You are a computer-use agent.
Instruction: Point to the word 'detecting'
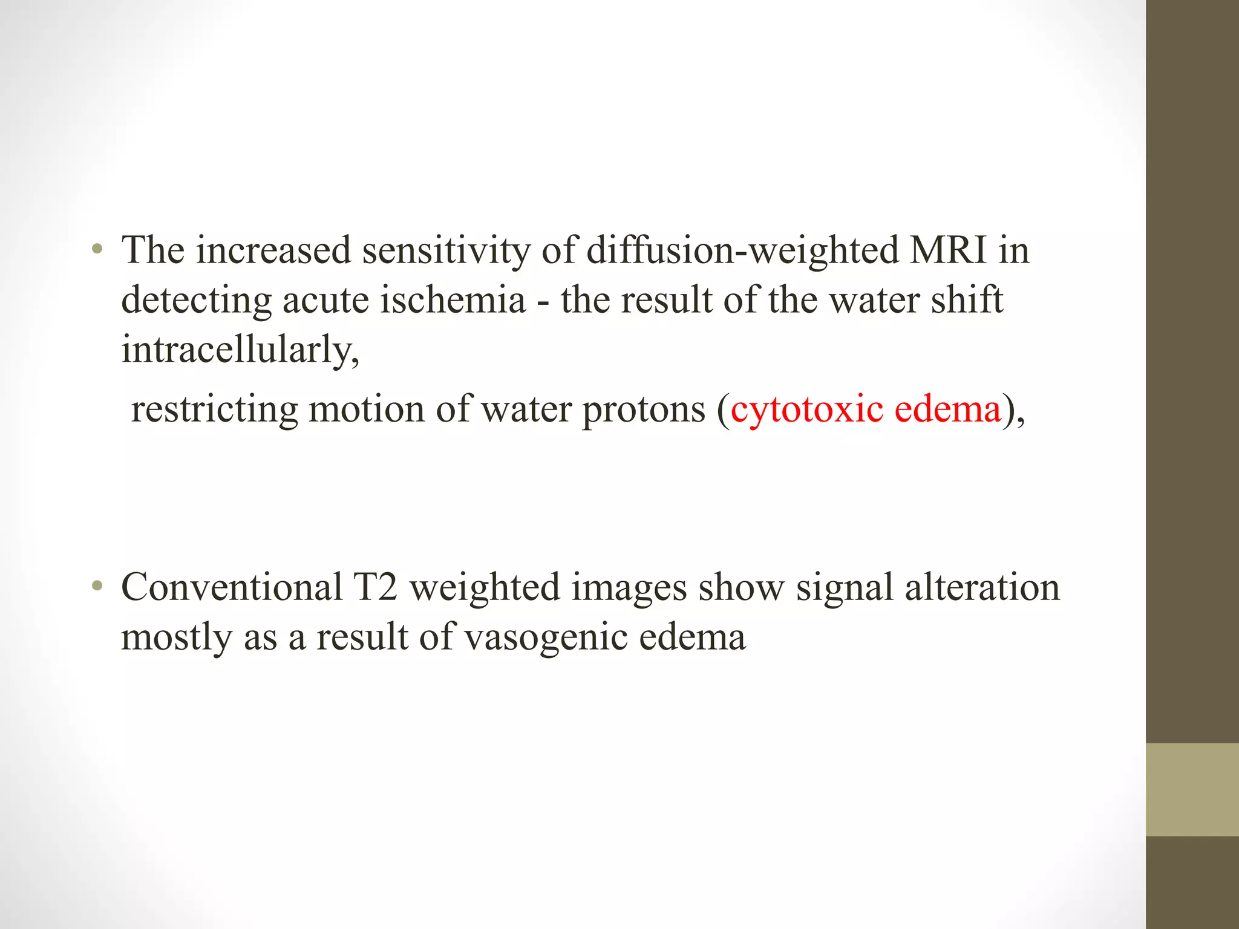pos(196,301)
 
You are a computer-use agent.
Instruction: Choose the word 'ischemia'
pos(453,301)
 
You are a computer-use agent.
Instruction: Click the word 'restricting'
pos(214,409)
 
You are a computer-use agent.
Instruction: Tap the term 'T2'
pos(376,587)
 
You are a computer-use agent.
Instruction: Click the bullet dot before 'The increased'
pos(97,249)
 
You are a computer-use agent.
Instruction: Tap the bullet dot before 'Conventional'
pos(97,586)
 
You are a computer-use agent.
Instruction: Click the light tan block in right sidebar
pos(1192,790)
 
